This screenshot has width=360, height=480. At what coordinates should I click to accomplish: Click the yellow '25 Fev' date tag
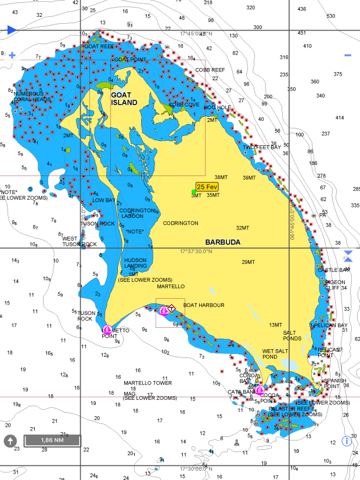(207, 187)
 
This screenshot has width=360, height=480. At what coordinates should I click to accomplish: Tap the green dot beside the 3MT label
(194, 191)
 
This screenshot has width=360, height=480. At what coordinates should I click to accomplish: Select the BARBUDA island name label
(222, 242)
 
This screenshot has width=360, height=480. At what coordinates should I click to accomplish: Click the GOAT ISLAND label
(124, 99)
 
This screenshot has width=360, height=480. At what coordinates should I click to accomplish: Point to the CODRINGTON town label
(180, 223)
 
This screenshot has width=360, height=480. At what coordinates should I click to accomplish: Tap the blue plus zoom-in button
(12, 56)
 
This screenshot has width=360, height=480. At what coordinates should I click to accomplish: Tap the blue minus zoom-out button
(348, 56)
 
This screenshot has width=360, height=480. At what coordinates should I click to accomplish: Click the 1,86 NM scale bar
(52, 440)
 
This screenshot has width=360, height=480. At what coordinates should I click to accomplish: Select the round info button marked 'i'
(347, 440)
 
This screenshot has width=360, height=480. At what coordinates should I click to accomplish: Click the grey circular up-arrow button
(10, 440)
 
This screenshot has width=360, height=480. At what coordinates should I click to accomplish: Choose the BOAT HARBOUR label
(203, 305)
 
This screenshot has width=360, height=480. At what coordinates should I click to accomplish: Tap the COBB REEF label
(210, 70)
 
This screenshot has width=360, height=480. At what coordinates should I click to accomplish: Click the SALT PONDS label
(292, 335)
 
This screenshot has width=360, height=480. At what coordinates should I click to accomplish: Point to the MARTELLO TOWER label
(147, 383)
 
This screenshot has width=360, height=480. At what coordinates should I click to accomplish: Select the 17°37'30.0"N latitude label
(196, 252)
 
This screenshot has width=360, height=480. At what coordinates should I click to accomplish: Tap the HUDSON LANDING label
(135, 263)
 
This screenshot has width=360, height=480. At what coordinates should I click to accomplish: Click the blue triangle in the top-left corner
(12, 30)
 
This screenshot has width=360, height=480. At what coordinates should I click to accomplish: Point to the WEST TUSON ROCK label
(79, 241)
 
